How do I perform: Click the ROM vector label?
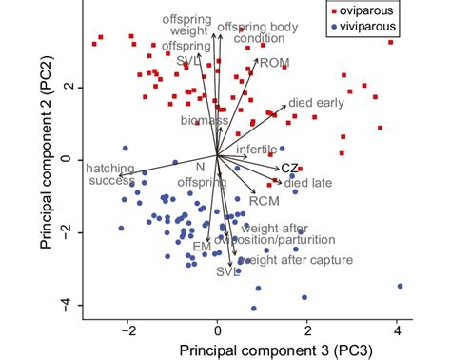[x=274, y=63]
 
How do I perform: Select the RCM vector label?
[x=264, y=201]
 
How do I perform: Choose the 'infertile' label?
[x=257, y=150]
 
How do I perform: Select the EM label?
[x=202, y=247]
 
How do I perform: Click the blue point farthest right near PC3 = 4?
[x=400, y=286]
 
